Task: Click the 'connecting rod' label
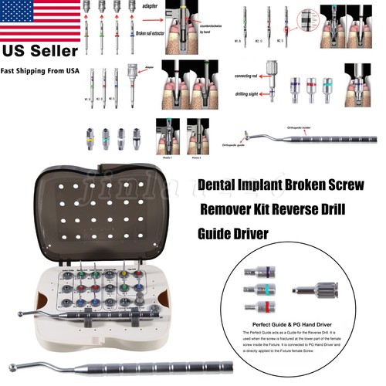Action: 246,77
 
